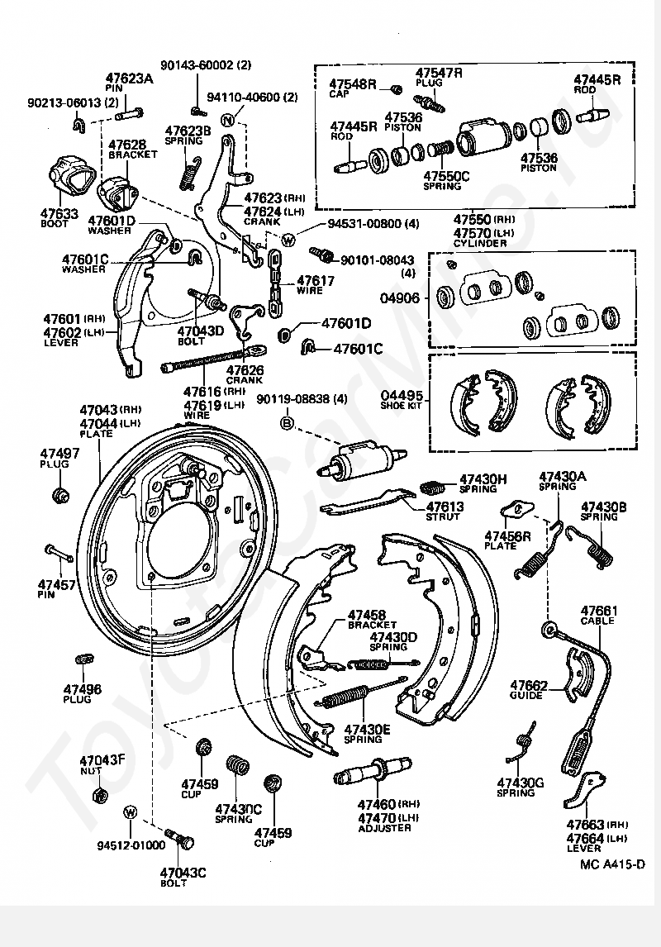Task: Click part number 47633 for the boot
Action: pyautogui.click(x=59, y=212)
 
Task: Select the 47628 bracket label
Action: pyautogui.click(x=127, y=144)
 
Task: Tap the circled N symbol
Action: pyautogui.click(x=228, y=121)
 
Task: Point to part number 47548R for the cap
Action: pyautogui.click(x=353, y=84)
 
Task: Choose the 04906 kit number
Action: pyautogui.click(x=401, y=298)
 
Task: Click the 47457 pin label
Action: pyautogui.click(x=58, y=584)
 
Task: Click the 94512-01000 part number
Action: pyautogui.click(x=131, y=845)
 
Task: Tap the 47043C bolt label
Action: pyautogui.click(x=183, y=873)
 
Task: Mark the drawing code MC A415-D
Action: pyautogui.click(x=612, y=865)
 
